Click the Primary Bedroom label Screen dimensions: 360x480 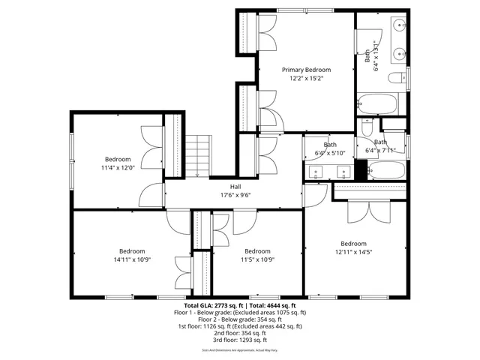pos(306,70)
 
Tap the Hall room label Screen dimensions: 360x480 pos(235,187)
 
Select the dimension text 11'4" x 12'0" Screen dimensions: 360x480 pos(118,168)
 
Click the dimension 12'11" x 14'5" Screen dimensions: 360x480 pos(353,252)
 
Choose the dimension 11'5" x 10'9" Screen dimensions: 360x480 pos(257,259)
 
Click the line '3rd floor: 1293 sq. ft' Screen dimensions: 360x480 pos(240,340)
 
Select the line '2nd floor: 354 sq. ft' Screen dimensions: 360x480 pos(240,333)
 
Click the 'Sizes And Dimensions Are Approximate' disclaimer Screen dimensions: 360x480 pos(240,350)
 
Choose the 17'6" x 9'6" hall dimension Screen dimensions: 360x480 pos(235,195)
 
